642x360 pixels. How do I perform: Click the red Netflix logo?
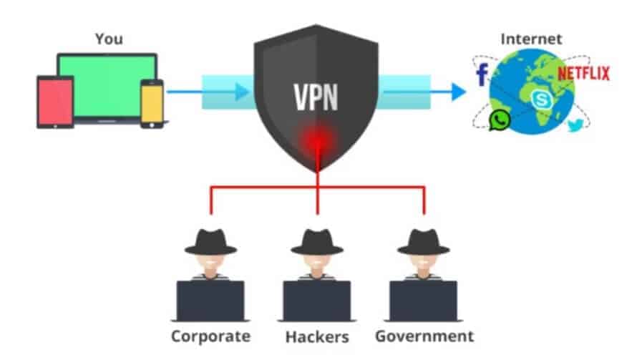coord(583,73)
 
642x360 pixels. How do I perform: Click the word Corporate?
coord(210,335)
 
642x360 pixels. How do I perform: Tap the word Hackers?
coord(316,335)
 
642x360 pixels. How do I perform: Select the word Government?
coord(424,335)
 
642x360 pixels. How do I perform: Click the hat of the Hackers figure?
coord(316,240)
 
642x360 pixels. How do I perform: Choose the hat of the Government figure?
coord(423,240)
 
